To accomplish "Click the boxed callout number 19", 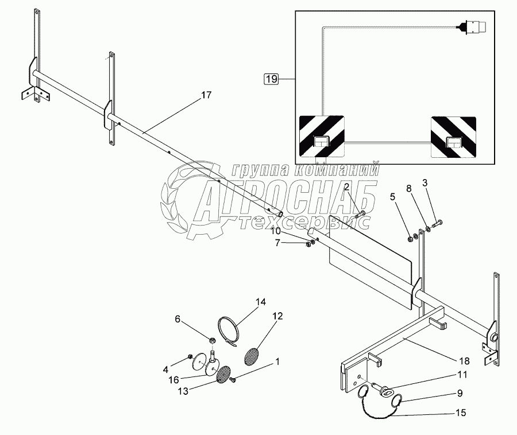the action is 271,79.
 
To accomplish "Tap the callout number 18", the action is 464,361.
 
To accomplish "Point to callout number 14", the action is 261,302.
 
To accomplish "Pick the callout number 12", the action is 277,316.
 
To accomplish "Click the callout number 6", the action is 178,319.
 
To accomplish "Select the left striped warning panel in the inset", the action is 321,136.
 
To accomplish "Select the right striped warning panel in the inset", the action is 453,136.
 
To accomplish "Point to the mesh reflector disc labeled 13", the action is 222,374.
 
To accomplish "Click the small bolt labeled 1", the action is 234,379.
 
